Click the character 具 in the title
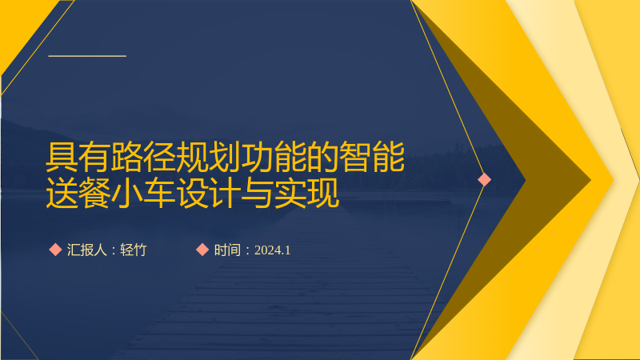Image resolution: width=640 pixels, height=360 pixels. click(62, 157)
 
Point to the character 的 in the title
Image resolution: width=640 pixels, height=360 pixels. click(322, 157)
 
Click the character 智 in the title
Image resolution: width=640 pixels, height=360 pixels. click(355, 157)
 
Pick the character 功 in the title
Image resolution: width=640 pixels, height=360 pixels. click(258, 157)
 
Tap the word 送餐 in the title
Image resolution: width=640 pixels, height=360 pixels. click(78, 193)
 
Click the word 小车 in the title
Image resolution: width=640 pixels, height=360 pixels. click(143, 193)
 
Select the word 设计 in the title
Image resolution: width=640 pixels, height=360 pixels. click(209, 193)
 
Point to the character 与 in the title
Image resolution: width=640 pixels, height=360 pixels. click(258, 193)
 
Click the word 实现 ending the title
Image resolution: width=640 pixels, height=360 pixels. click(306, 193)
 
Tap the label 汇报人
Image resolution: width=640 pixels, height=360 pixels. click(86, 250)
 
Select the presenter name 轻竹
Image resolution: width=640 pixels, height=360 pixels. click(133, 250)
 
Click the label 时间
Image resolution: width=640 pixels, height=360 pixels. click(227, 250)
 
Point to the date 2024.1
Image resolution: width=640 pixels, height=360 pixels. click(272, 250)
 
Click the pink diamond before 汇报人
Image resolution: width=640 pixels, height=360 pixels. click(55, 250)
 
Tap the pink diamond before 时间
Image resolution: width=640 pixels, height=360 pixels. click(202, 250)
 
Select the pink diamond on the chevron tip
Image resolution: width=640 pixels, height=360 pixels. click(485, 179)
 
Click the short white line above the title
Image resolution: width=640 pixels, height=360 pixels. click(87, 56)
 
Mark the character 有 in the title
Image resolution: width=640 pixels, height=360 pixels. click(94, 157)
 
